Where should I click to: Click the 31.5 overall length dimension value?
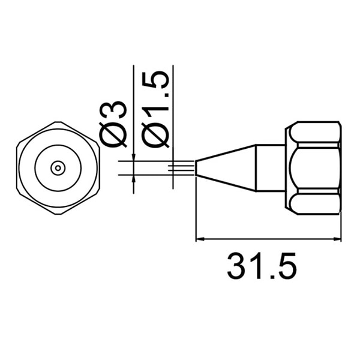coord(262,266)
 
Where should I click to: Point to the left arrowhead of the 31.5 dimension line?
coord(200,239)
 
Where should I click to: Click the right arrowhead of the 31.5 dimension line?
coord(337,239)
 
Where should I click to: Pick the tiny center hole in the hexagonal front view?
coord(58,168)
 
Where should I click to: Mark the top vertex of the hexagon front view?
coord(58,122)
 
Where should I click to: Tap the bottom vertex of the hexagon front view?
coord(58,214)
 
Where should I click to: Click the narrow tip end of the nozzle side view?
coord(198,168)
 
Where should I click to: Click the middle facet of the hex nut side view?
coord(314,168)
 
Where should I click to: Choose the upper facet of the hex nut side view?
coord(314,133)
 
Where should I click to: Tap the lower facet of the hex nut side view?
coord(314,203)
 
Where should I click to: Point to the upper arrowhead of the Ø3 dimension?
coord(133,157)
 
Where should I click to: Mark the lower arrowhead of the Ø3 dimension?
coord(133,179)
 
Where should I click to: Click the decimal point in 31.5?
coord(265,276)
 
